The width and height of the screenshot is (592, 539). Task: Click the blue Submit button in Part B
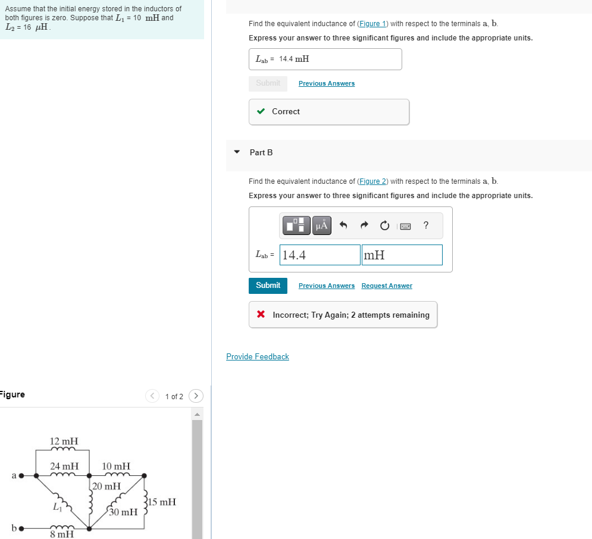click(x=268, y=286)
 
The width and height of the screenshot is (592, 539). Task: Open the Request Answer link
click(x=387, y=286)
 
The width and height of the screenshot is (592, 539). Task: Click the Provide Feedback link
click(x=257, y=357)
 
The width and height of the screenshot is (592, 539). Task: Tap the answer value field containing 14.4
click(x=320, y=255)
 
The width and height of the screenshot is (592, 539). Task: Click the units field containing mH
click(x=402, y=255)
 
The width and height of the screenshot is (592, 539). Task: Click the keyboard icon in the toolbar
click(x=405, y=225)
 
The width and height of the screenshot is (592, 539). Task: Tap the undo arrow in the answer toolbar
click(x=343, y=225)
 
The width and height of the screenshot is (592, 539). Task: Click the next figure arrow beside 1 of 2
click(x=196, y=396)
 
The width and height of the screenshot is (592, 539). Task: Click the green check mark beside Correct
click(x=261, y=112)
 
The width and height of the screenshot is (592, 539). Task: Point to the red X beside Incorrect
click(x=261, y=315)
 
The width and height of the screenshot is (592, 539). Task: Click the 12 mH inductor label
click(x=64, y=441)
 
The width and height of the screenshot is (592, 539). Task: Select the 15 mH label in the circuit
click(x=162, y=502)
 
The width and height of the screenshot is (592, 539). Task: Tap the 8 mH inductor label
click(x=62, y=534)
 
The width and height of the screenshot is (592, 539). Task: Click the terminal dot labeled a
click(x=21, y=476)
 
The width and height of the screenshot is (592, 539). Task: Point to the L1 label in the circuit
click(x=57, y=507)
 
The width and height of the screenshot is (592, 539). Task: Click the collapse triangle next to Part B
click(x=237, y=152)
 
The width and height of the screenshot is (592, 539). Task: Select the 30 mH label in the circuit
click(x=123, y=512)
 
